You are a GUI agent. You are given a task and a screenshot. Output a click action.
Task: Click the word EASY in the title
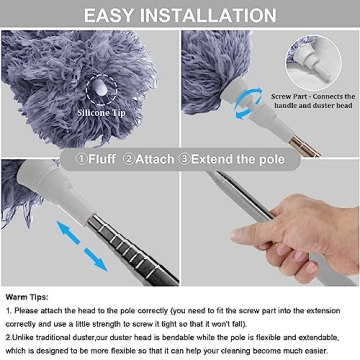(117, 15)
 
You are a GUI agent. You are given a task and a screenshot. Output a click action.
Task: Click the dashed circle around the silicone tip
(101, 91)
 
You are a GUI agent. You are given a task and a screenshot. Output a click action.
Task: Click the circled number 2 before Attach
(140, 157)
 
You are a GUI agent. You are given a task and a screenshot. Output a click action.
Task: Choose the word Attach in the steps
(169, 157)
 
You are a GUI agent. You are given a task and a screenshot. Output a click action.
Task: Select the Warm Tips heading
(31, 297)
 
